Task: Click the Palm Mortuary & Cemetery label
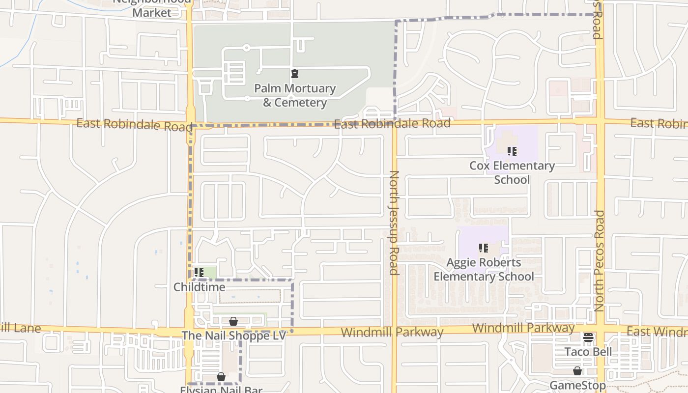tap(295, 95)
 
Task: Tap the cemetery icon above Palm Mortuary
tap(295, 74)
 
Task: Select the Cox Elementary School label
tap(512, 172)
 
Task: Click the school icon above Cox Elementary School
tap(512, 151)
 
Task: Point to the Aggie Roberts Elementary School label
tap(484, 270)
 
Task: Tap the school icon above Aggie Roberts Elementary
tap(484, 249)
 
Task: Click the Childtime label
tap(200, 287)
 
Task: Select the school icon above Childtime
tap(199, 272)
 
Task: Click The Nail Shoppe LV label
tap(233, 336)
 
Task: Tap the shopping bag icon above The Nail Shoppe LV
tap(233, 321)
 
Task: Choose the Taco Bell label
tap(588, 352)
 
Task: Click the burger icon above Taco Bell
tap(588, 337)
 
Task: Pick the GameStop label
tap(577, 385)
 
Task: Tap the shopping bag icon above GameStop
tap(577, 371)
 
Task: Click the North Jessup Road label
tap(394, 223)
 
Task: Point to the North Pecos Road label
tap(599, 260)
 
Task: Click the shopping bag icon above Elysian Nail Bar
tap(221, 377)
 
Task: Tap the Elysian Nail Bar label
tap(221, 390)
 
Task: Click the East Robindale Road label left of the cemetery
tap(134, 125)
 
